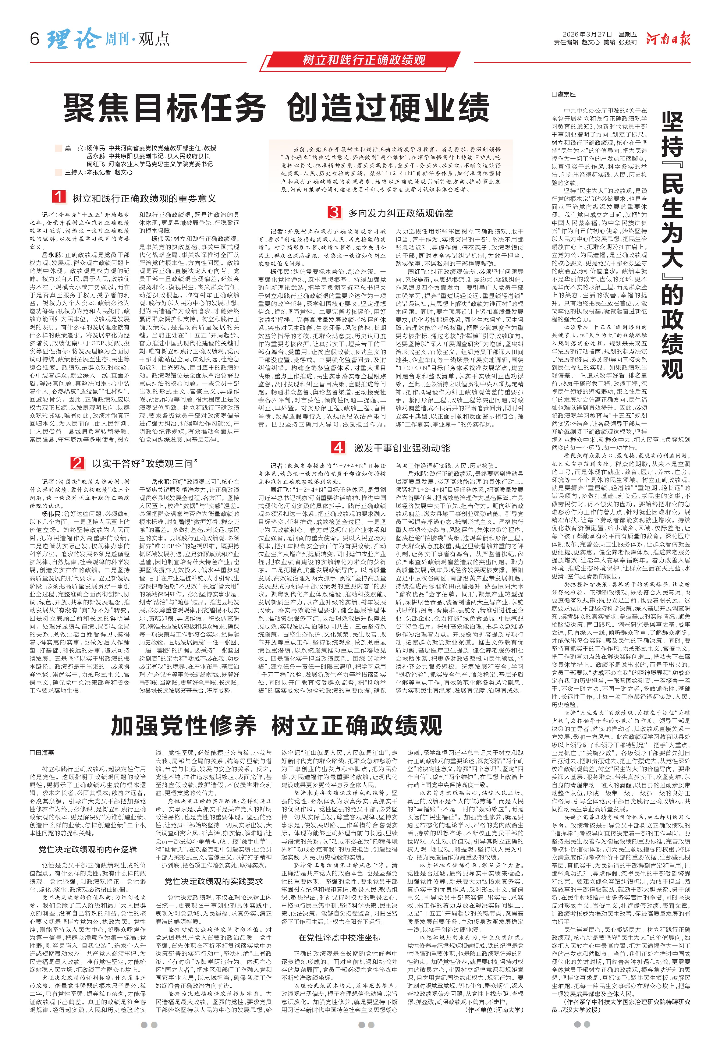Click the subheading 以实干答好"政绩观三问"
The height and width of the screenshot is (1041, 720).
point(145,463)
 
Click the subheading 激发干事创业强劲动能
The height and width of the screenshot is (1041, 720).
point(402,448)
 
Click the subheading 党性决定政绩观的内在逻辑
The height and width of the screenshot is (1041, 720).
point(88,849)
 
